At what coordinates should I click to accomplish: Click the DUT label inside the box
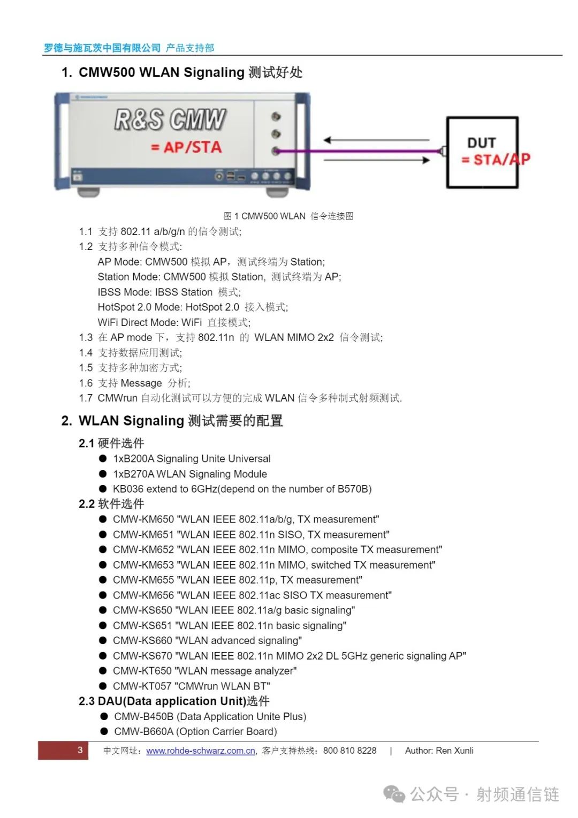481,143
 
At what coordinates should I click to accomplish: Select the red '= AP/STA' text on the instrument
186,147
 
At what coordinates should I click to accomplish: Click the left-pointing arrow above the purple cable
376,140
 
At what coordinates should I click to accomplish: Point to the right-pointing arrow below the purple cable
376,160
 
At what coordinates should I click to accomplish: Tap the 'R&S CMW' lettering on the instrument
170,119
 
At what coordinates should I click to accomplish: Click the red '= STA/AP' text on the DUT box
496,160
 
